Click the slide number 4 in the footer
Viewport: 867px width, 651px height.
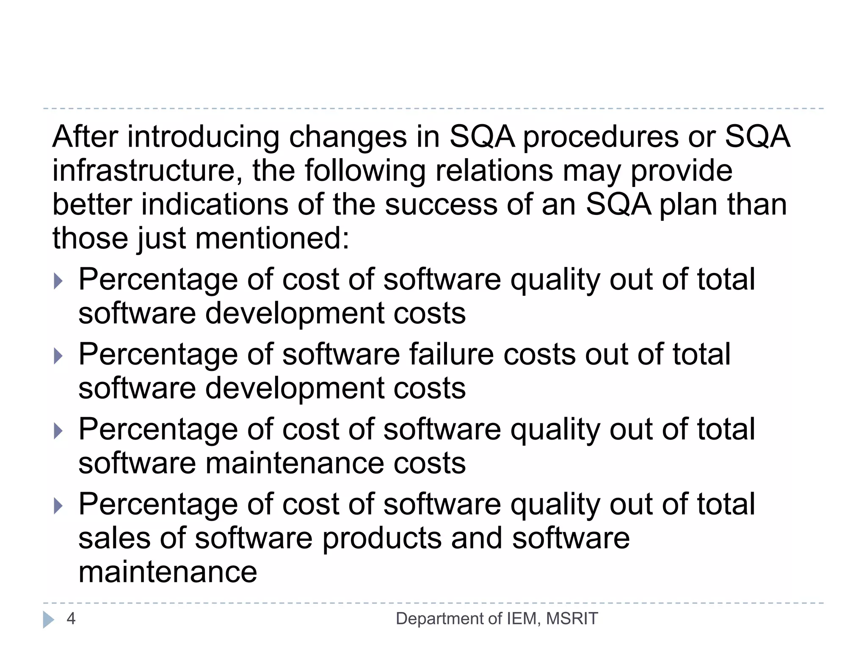tap(71, 618)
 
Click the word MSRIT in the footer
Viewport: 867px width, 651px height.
tap(572, 618)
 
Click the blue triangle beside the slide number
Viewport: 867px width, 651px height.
tap(48, 619)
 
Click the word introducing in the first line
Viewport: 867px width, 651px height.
tap(203, 137)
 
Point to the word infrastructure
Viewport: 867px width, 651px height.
tap(147, 171)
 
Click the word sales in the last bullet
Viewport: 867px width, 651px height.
tap(114, 538)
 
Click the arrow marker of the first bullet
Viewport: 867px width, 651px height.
tap(58, 281)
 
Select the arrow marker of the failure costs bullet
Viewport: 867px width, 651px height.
tap(58, 356)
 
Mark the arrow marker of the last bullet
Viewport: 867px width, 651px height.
tap(58, 506)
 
